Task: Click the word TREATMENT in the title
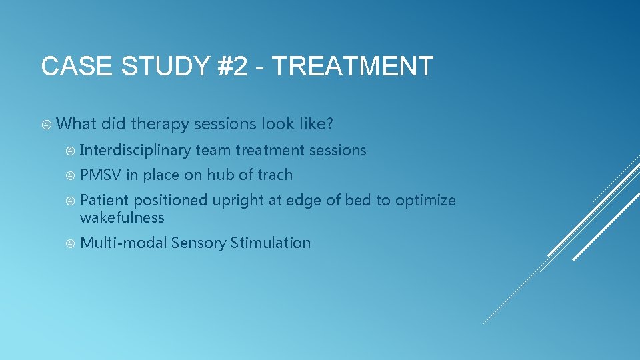click(353, 67)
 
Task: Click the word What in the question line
click(77, 123)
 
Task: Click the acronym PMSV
click(101, 175)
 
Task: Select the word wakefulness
click(122, 217)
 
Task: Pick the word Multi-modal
click(123, 243)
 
